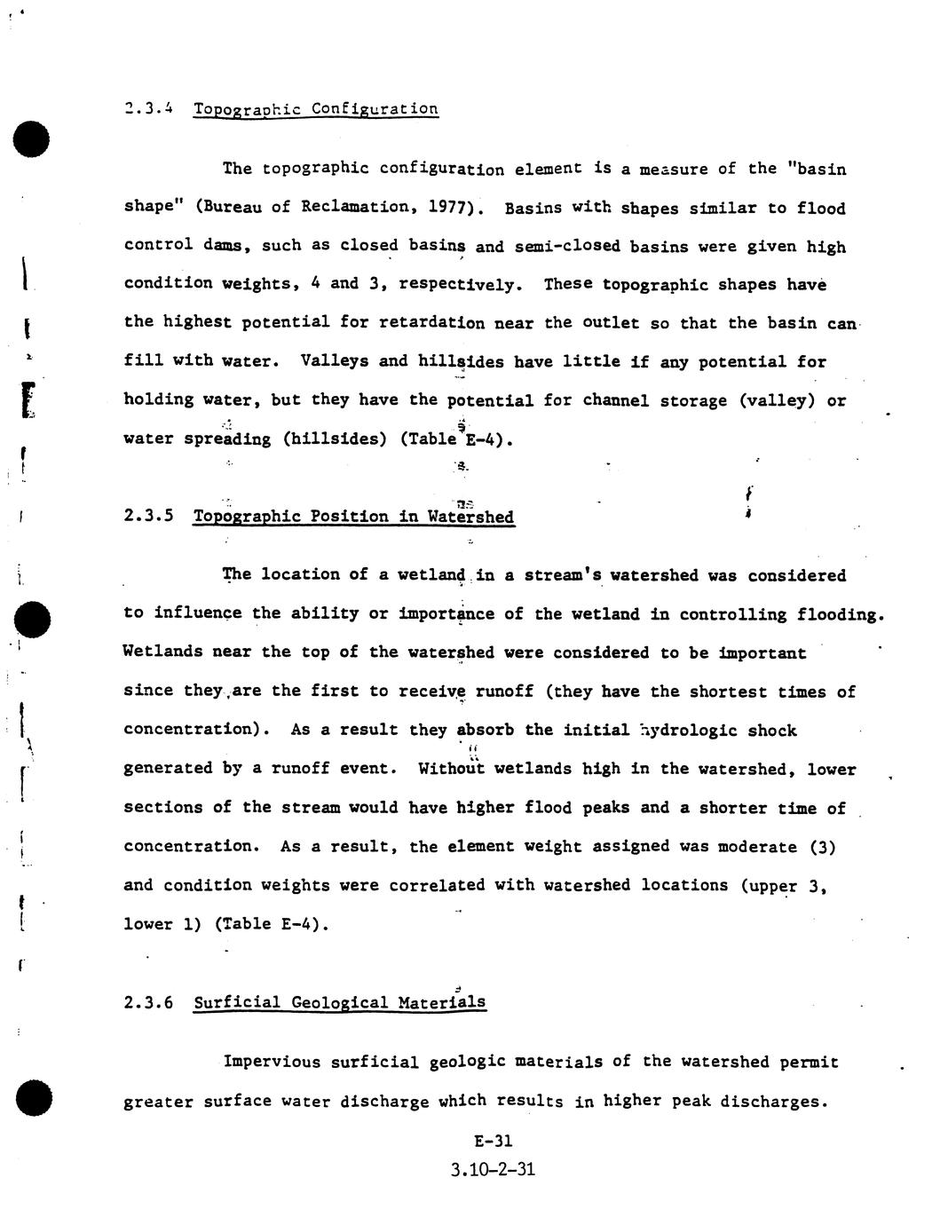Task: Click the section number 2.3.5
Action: click(x=148, y=516)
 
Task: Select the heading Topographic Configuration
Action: click(x=315, y=109)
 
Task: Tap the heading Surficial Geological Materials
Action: click(x=339, y=1002)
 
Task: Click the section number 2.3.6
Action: click(x=148, y=1002)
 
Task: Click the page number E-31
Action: click(x=494, y=1142)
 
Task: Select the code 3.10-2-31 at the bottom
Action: click(x=493, y=1169)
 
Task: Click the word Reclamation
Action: click(x=355, y=207)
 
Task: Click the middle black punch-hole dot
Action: click(x=32, y=617)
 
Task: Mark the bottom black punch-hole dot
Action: click(x=32, y=1098)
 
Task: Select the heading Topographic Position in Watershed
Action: click(x=353, y=517)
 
